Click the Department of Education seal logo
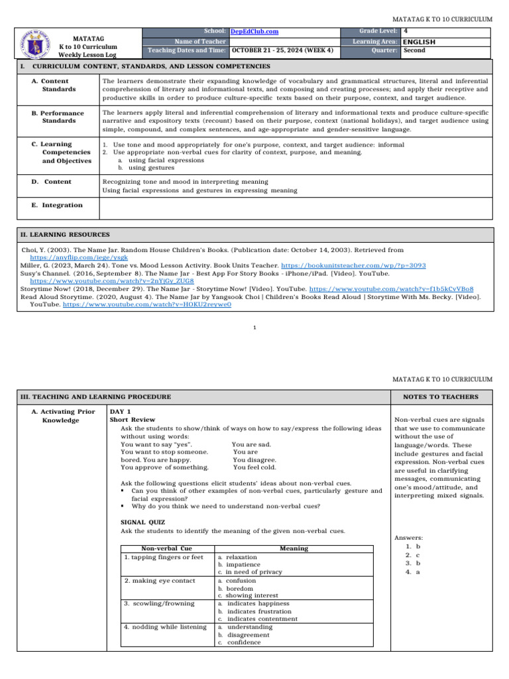(x=32, y=43)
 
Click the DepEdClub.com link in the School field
(x=254, y=31)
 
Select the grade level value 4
(x=406, y=31)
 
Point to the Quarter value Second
(x=415, y=50)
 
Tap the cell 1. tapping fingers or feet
(x=164, y=558)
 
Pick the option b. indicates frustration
(x=254, y=611)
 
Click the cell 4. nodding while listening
(x=165, y=627)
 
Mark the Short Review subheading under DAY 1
(x=133, y=420)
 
